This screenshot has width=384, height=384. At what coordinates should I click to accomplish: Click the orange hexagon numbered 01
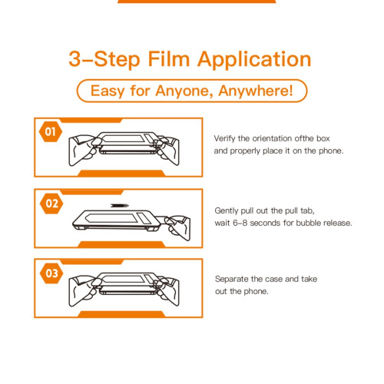(51, 132)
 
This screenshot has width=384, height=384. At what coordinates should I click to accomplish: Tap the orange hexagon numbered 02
(51, 204)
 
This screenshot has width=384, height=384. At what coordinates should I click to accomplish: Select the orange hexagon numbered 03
(51, 273)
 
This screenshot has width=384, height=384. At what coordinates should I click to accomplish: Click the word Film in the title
(168, 59)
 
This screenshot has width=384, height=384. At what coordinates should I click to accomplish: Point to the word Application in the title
(254, 60)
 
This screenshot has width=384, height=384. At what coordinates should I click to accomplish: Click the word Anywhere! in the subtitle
(256, 91)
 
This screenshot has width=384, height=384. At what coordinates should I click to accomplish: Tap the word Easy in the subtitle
(108, 91)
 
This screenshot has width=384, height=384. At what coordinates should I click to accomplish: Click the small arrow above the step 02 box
(120, 205)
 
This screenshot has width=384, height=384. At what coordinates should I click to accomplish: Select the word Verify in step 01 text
(224, 139)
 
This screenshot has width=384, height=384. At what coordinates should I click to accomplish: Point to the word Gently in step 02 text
(227, 211)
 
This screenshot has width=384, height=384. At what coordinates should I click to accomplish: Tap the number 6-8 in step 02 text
(240, 223)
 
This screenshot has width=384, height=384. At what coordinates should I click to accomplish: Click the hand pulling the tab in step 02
(178, 227)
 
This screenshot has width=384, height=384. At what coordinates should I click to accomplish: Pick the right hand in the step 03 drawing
(167, 291)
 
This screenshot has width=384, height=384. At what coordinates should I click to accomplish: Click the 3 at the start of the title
(74, 59)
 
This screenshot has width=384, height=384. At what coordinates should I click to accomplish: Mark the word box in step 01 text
(323, 138)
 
